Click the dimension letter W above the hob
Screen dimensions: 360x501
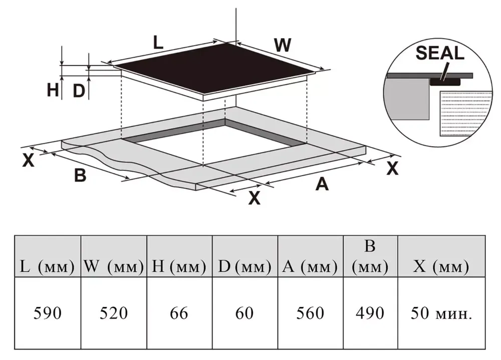[283, 46]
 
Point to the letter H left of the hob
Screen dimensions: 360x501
[53, 90]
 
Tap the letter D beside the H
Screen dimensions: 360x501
[79, 91]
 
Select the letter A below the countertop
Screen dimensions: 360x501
[321, 184]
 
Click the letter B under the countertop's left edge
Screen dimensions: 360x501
[80, 176]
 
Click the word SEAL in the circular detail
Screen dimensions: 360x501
[440, 53]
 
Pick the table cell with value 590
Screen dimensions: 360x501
[47, 313]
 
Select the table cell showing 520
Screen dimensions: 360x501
[113, 313]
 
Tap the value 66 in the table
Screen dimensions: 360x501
[179, 313]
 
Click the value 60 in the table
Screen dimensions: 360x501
[244, 313]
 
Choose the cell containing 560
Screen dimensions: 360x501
[310, 313]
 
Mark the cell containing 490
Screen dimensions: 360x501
[370, 313]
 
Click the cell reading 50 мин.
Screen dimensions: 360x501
[441, 313]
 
